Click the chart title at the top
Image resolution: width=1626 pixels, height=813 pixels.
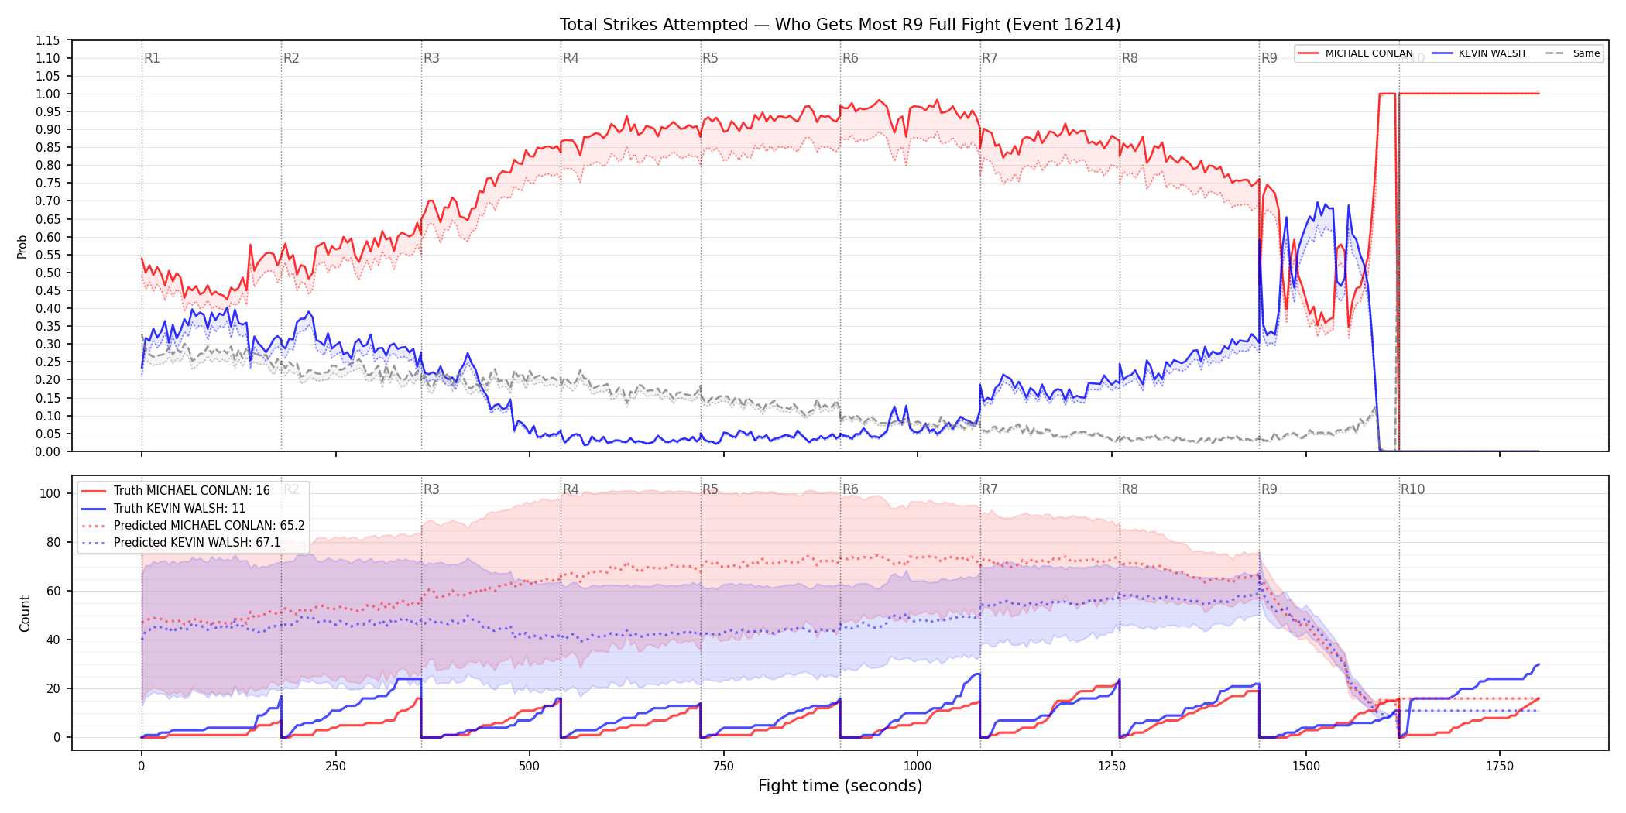[840, 25]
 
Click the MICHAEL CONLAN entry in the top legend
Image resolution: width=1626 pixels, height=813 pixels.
[1355, 53]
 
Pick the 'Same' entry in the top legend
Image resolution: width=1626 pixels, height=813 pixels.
[1573, 53]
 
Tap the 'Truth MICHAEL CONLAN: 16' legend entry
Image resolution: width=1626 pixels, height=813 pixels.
[176, 491]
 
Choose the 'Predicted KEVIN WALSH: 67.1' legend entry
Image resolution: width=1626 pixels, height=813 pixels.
[181, 543]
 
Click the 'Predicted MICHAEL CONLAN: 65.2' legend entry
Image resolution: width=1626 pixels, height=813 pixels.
[193, 526]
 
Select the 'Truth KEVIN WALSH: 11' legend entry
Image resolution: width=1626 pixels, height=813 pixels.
[163, 509]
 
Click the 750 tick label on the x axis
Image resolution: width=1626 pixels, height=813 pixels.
[723, 766]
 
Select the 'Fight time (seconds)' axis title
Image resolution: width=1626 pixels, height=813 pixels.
[840, 786]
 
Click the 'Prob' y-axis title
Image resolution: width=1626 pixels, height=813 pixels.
[22, 246]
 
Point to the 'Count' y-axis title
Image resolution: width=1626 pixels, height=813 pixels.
[25, 613]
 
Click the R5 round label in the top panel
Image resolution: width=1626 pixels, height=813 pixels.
[710, 58]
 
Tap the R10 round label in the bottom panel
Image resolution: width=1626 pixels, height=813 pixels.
[1412, 489]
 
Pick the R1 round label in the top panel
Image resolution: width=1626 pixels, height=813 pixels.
[152, 58]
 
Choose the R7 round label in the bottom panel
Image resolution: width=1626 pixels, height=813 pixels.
[990, 489]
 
